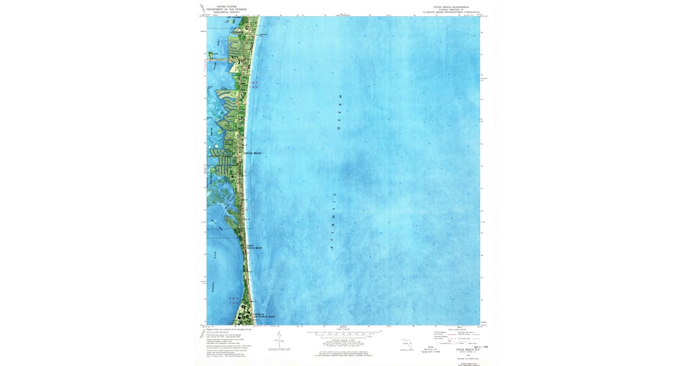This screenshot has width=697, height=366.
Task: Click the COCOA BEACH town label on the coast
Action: point(253,153)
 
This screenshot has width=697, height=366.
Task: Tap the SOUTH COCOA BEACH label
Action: point(254,247)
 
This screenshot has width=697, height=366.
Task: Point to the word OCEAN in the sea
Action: point(341,111)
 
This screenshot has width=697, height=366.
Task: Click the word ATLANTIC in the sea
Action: point(333,221)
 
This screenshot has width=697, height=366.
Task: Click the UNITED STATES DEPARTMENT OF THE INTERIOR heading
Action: point(227,9)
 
